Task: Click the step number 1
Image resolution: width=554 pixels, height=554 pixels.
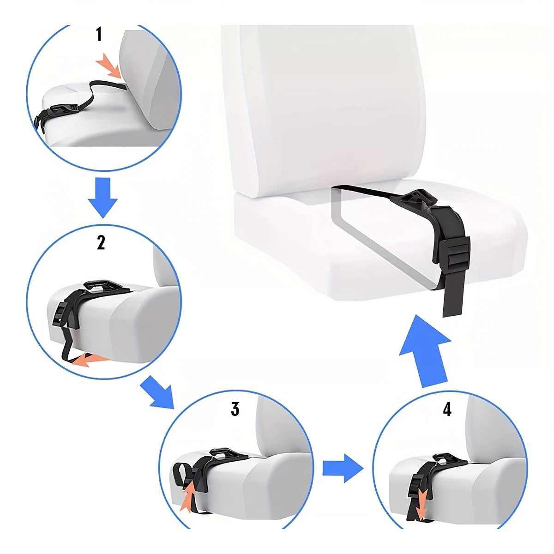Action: click(99, 35)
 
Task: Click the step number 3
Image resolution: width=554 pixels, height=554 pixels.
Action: click(235, 409)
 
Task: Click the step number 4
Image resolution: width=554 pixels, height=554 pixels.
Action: click(447, 409)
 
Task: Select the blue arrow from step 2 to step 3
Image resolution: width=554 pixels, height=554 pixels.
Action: click(157, 391)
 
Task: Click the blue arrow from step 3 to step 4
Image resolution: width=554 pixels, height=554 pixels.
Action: click(342, 467)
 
